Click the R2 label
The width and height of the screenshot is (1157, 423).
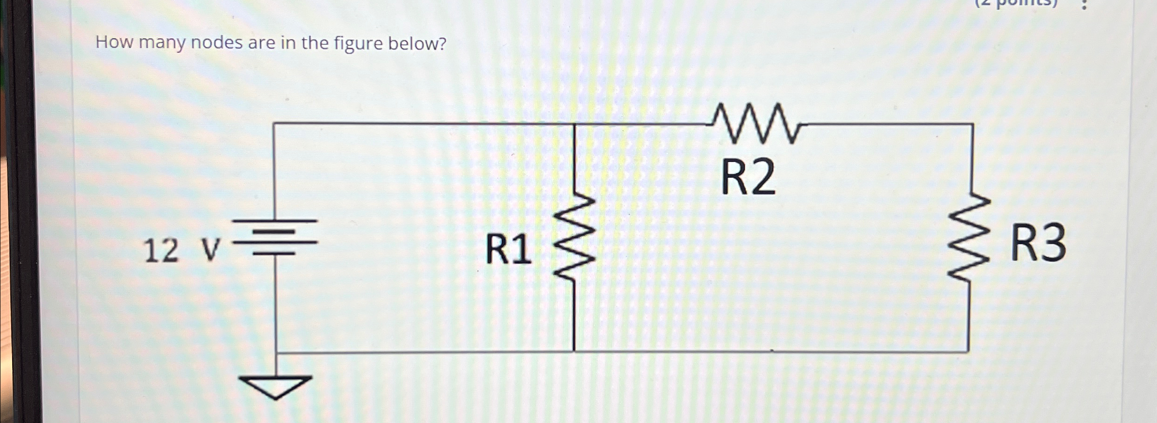click(748, 178)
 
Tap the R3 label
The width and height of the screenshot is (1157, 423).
click(1038, 243)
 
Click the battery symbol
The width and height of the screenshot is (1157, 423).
click(275, 237)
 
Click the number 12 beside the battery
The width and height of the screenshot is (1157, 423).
click(161, 251)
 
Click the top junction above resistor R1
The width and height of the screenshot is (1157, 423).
click(575, 124)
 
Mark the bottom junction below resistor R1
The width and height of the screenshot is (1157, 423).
click(574, 351)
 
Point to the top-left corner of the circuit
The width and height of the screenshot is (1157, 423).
click(274, 124)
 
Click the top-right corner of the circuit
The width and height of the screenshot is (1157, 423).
click(973, 125)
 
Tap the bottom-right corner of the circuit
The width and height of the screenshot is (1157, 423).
click(967, 351)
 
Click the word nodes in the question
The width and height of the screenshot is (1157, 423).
click(216, 43)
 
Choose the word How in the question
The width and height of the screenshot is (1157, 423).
click(115, 42)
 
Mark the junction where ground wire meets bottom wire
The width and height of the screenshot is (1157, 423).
click(276, 352)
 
